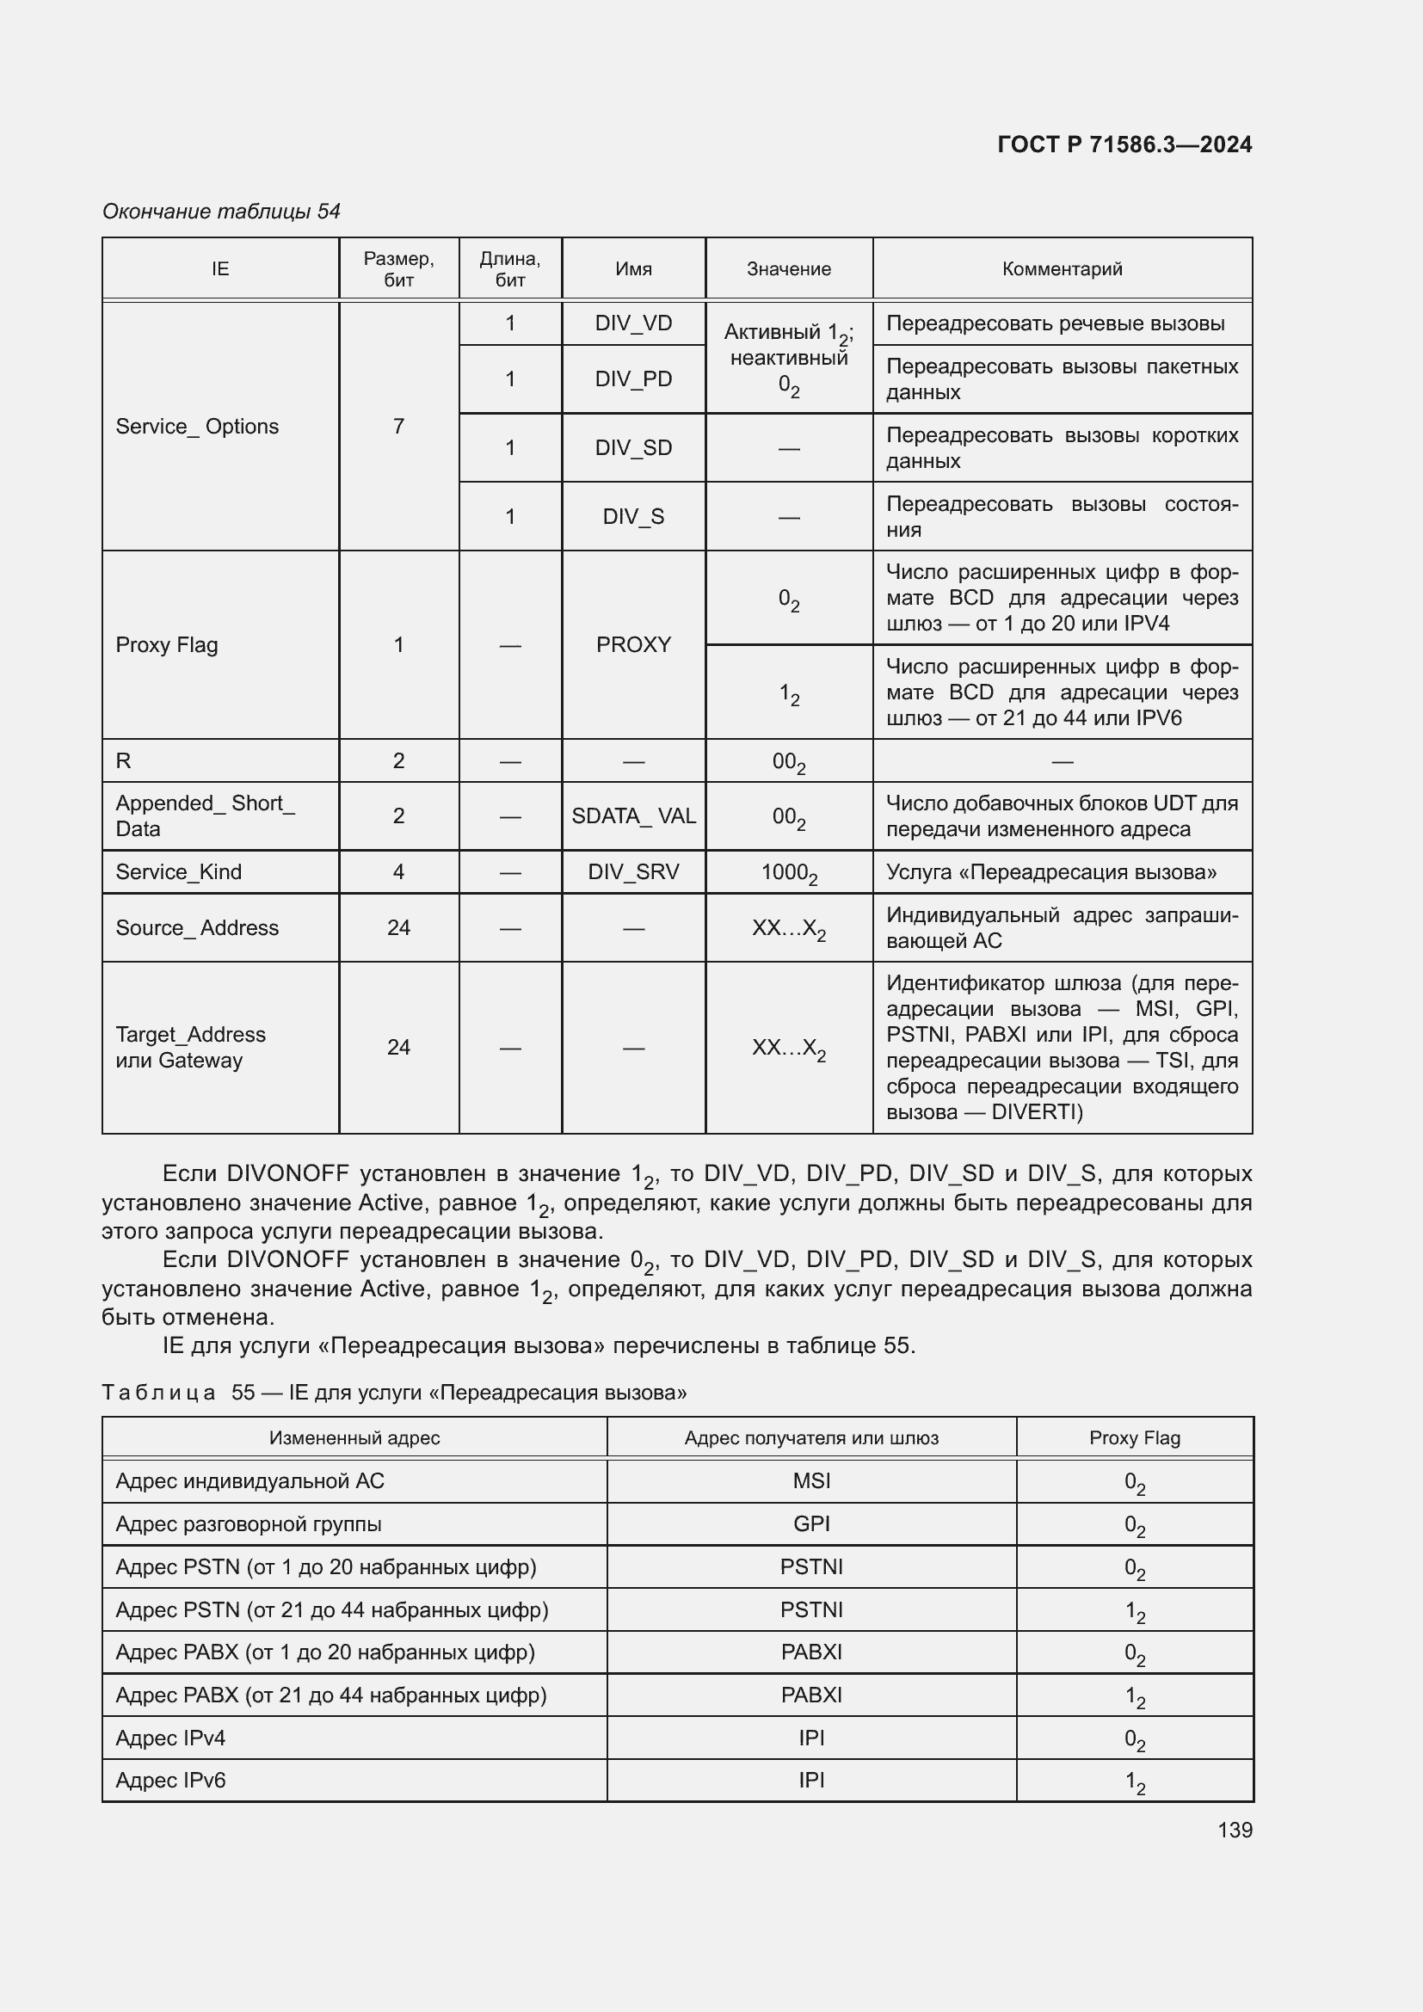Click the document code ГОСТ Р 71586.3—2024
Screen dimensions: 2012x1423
[1124, 145]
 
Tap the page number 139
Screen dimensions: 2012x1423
[1234, 1830]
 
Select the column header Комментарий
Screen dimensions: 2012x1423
[1061, 269]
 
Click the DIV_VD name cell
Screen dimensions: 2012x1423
[632, 323]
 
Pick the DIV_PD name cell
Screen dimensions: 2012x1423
[632, 378]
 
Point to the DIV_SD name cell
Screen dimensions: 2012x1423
[632, 448]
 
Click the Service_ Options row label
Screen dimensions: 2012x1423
[197, 427]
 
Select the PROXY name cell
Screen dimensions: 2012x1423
[632, 645]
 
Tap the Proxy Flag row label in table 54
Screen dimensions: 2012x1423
[167, 645]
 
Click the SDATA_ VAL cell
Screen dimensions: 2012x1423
[632, 815]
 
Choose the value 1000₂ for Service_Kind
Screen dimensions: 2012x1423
[789, 873]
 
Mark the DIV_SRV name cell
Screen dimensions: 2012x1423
[632, 872]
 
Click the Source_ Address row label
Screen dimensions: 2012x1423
[197, 928]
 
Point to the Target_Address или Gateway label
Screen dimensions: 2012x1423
[190, 1047]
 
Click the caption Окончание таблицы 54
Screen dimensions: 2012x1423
[221, 212]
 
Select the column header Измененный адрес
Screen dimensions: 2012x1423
[354, 1438]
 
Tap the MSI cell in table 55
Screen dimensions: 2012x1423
[810, 1481]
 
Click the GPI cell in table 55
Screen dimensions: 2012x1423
[810, 1524]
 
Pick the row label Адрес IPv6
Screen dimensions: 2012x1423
[171, 1781]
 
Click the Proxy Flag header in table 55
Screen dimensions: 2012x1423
[1134, 1438]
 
